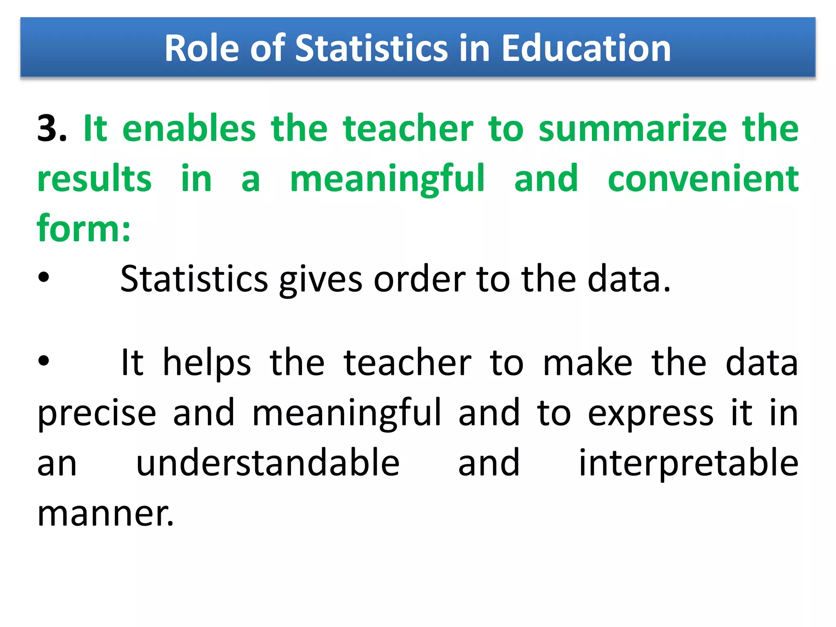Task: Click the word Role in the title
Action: [x=202, y=49]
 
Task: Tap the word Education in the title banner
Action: [x=586, y=49]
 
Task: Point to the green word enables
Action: [x=189, y=129]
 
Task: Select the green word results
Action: [x=94, y=179]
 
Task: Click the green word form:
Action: [x=84, y=229]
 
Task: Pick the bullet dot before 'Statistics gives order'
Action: [x=43, y=278]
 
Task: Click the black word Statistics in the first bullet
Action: [x=194, y=279]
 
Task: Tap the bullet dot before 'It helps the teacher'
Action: [x=43, y=361]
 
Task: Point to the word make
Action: [x=587, y=362]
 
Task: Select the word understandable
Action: [x=267, y=463]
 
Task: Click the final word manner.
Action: [x=105, y=514]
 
